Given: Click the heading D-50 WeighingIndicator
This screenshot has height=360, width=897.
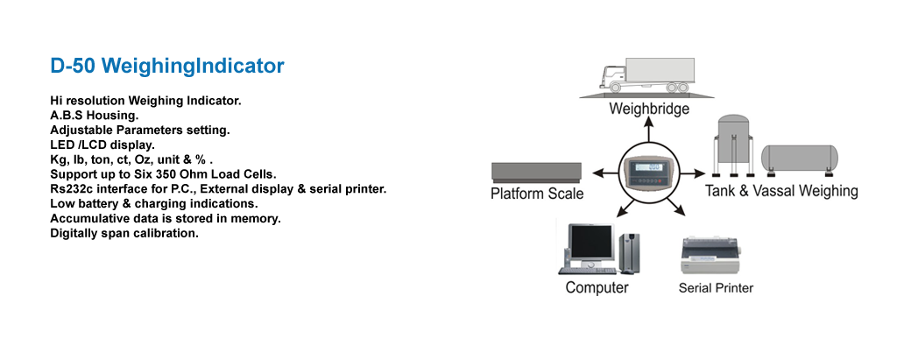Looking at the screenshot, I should click(x=167, y=67).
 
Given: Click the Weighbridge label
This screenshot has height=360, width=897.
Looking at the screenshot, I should click(x=649, y=109).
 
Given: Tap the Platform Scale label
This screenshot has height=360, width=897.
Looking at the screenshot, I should click(x=537, y=194).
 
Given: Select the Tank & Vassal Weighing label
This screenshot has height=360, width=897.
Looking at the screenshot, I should click(x=781, y=190).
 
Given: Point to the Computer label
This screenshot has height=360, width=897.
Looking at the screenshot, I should click(x=597, y=287).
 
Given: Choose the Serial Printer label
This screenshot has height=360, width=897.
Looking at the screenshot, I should click(x=716, y=287).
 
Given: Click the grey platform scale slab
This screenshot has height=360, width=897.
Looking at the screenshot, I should click(x=536, y=172).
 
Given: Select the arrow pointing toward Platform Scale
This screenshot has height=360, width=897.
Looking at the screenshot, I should click(x=604, y=173).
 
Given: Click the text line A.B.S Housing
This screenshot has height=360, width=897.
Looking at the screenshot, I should click(x=95, y=115).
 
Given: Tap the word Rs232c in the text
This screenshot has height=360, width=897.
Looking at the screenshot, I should click(x=68, y=189).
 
